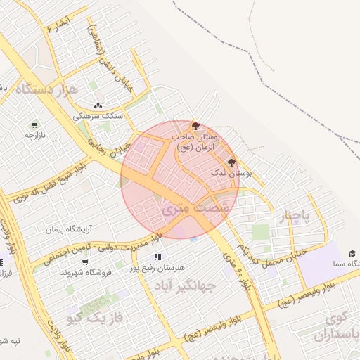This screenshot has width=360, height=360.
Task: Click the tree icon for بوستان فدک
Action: click(x=231, y=162)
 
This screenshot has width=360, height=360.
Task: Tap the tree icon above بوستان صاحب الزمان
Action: click(x=195, y=125)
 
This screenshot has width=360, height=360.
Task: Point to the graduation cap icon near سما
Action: click(x=352, y=253)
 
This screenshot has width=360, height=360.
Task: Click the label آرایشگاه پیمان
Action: click(x=70, y=229)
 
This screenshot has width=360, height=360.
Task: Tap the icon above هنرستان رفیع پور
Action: click(x=158, y=257)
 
